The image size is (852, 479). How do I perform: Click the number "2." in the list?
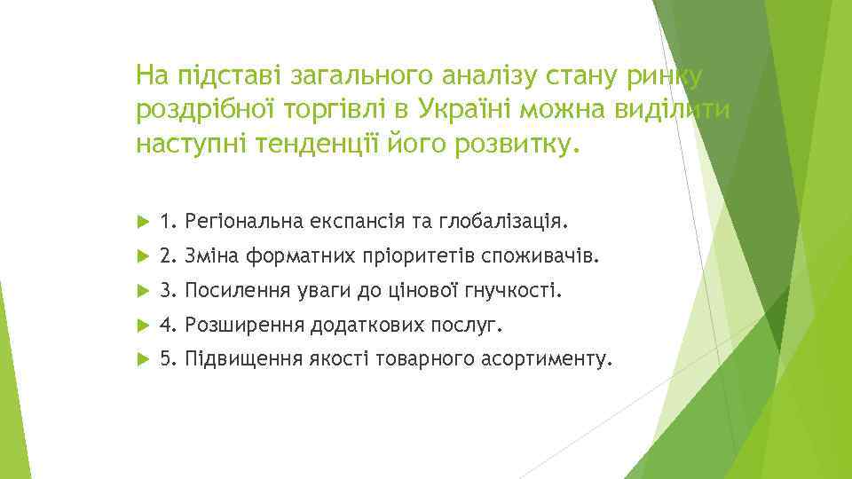pyautogui.click(x=170, y=255)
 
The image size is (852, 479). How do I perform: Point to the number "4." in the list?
pyautogui.click(x=170, y=326)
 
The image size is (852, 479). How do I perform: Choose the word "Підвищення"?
pyautogui.click(x=233, y=361)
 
